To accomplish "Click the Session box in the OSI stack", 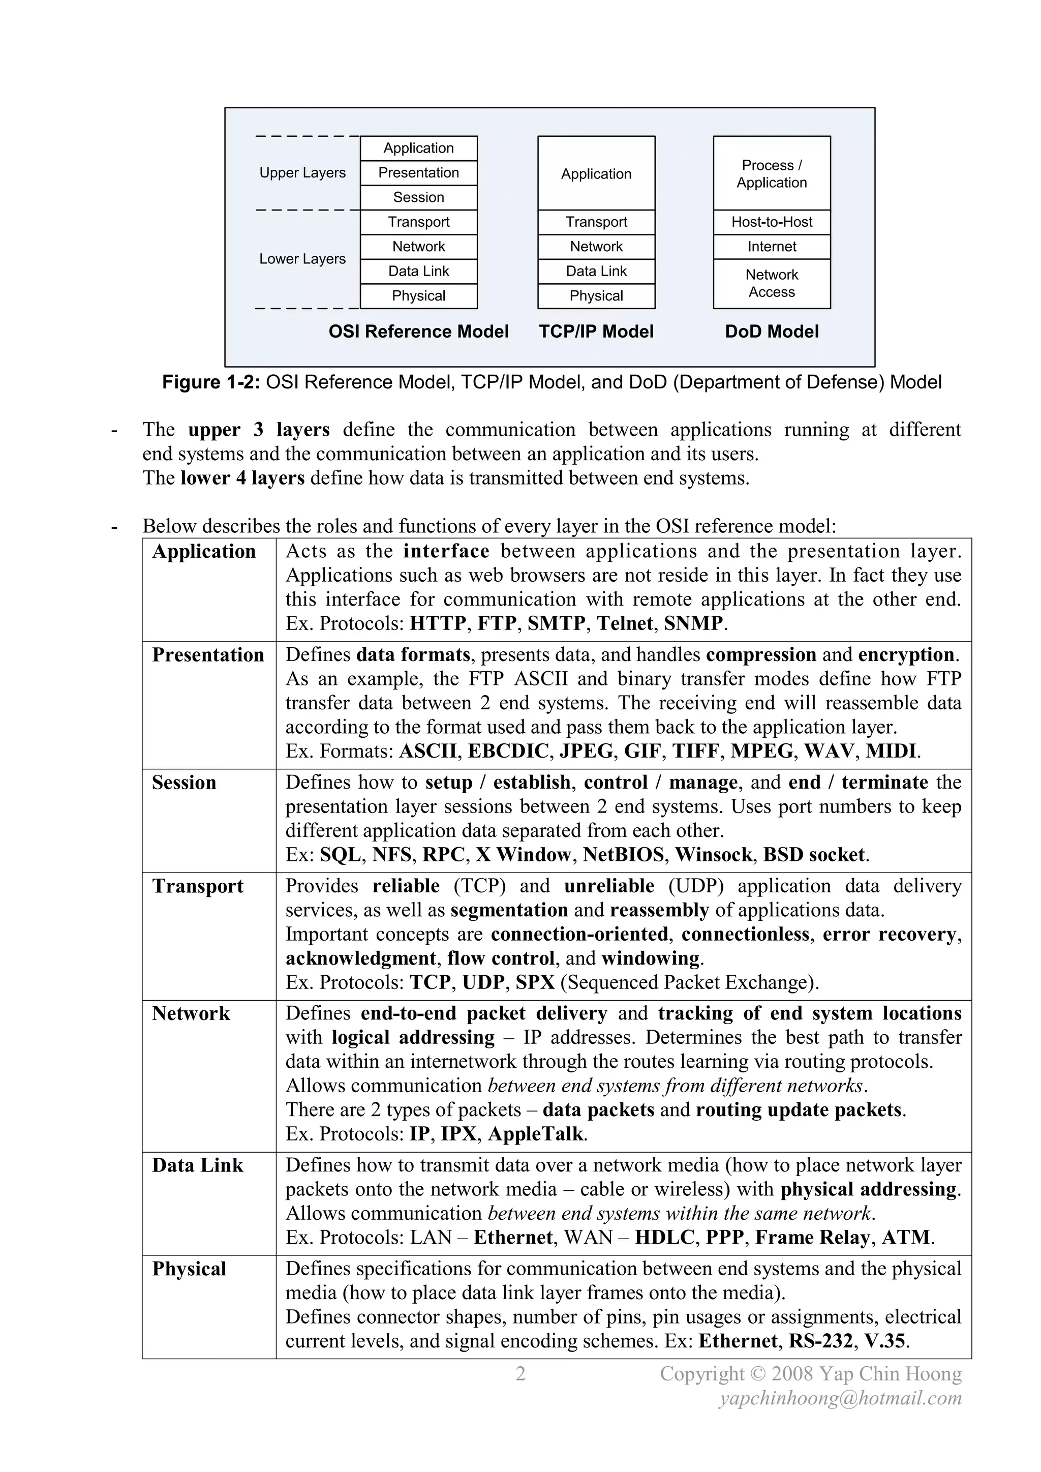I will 418,197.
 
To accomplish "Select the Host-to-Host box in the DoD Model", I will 771,222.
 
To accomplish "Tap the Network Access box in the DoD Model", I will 771,283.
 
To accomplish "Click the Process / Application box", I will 771,174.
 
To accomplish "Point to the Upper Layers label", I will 302,173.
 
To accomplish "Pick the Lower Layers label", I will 302,259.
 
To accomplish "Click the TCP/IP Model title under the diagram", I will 596,332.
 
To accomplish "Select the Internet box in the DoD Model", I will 771,247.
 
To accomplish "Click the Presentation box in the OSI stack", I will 418,172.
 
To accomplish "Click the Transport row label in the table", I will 197,886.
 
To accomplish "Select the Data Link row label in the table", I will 197,1165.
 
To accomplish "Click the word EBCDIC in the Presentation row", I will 508,751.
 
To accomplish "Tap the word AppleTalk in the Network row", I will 536,1133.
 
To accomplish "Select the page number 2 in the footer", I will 520,1373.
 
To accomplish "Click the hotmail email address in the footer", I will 840,1398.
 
